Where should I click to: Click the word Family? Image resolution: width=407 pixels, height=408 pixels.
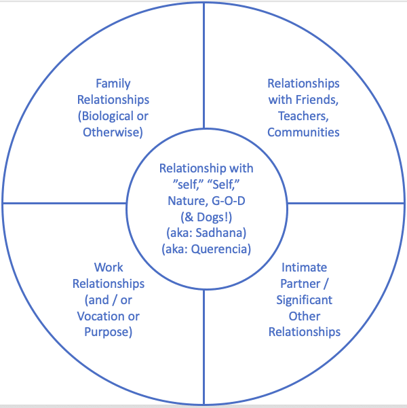point(113,84)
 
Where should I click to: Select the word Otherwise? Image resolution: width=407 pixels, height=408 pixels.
point(113,132)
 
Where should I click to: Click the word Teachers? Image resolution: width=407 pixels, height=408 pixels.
point(301,116)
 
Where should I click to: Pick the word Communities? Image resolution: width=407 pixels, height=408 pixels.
point(303,132)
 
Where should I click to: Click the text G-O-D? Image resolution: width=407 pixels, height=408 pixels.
point(228,201)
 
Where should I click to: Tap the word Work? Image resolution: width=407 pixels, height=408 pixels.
point(108,267)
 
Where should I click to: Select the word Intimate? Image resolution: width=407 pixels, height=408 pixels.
point(304,267)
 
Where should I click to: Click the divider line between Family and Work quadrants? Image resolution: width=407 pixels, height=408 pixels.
point(64,204)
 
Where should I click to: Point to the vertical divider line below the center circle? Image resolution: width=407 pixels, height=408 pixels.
point(204,339)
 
